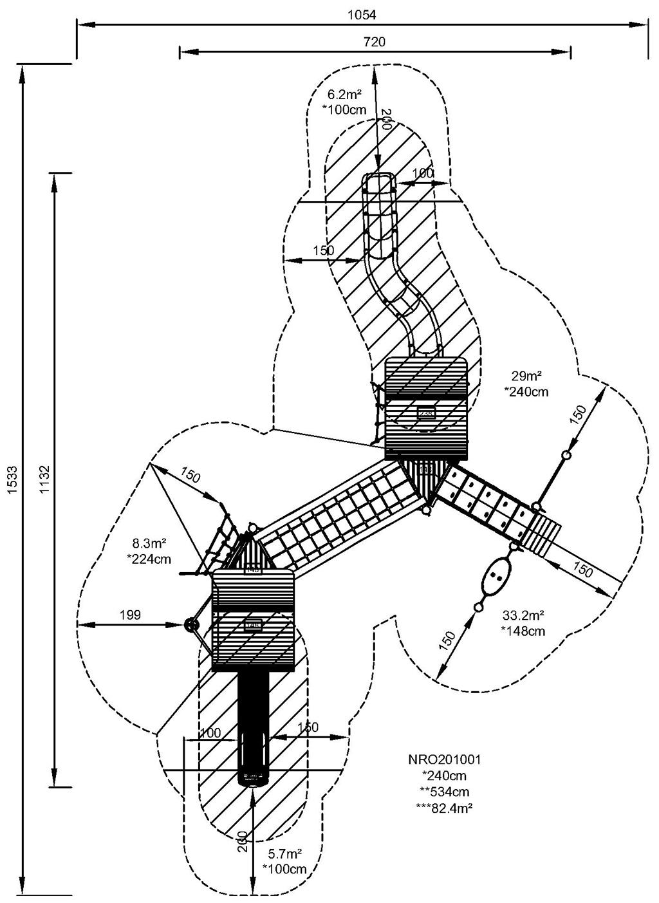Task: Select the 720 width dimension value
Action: [375, 42]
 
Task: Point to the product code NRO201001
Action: [445, 759]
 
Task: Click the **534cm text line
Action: [445, 792]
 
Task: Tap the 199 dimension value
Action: [130, 615]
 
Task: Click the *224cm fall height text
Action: [149, 559]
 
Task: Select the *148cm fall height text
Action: [523, 631]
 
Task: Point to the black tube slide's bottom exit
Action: [253, 776]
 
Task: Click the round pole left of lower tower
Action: [190, 624]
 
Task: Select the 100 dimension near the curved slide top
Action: [423, 173]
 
